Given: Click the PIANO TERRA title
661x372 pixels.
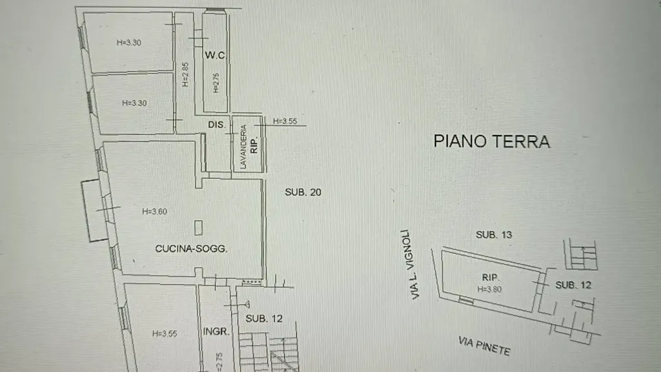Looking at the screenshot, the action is point(491,141).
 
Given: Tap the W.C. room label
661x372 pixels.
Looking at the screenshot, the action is point(216,55).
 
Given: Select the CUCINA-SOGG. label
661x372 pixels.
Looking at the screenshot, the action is point(191,249).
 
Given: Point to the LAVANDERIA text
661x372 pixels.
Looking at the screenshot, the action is point(243,147).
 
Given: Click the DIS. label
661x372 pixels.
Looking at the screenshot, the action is point(217,125).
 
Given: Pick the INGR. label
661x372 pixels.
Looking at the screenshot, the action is point(216,331).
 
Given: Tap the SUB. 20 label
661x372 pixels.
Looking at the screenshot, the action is point(303,192).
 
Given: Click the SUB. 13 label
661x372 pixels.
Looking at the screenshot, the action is point(494,234).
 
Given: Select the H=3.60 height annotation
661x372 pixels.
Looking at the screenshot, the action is point(154,212).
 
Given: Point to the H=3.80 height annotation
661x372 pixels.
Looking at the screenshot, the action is point(489,289).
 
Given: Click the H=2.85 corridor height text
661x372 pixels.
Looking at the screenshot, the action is point(185,75).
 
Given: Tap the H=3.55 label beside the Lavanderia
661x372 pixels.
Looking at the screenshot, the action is point(285,121).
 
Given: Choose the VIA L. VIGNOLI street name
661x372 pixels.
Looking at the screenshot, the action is point(411,264).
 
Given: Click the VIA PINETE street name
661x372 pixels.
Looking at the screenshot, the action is point(484,346).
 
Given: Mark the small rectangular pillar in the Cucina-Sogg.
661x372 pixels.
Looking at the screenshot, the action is point(199,228).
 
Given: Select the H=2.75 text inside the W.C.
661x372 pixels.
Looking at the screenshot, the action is point(216,83).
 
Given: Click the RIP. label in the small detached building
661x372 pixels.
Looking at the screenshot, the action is point(491,278).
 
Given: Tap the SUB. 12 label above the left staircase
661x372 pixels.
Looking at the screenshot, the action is point(264,318).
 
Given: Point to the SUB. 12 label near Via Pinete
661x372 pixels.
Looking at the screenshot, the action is point(573,285).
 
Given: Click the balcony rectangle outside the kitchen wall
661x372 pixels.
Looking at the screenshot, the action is point(94,211).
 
